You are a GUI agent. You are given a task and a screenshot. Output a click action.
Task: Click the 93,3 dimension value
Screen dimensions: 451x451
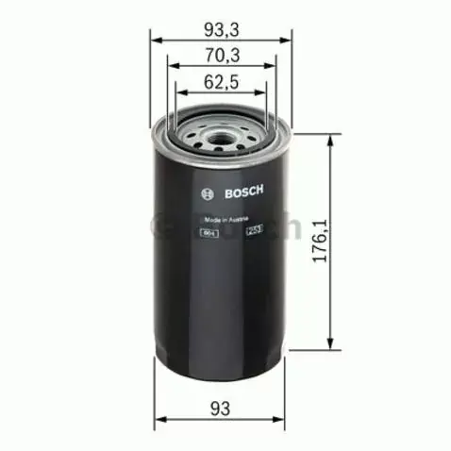[220, 28]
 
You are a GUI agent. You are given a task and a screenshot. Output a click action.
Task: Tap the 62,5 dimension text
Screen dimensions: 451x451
[220, 81]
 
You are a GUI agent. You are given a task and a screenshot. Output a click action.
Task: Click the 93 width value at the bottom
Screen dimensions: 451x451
[221, 408]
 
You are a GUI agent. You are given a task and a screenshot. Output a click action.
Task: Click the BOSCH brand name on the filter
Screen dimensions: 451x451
[243, 192]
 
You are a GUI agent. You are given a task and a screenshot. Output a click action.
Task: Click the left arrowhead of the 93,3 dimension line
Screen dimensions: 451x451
[158, 41]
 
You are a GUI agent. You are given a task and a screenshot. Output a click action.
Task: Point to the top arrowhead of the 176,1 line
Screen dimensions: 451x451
[329, 141]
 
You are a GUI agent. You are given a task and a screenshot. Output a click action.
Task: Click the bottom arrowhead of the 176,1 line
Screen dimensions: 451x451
[329, 341]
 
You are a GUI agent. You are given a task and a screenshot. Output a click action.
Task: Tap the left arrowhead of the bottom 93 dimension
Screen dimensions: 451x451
[158, 421]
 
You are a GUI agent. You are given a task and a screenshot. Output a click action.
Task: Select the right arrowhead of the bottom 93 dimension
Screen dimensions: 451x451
[283, 421]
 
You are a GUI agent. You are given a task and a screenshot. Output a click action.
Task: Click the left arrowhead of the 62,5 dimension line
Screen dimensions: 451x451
[179, 93]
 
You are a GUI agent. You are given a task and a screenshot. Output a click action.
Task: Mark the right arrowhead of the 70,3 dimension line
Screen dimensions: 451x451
[268, 67]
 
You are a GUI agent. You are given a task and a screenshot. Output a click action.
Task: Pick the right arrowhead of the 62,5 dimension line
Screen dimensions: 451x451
[262, 93]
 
